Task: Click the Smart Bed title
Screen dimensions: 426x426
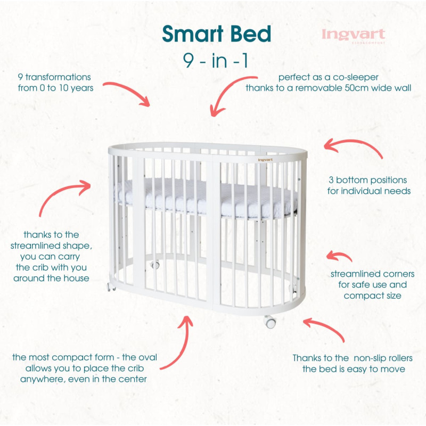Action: [217, 33]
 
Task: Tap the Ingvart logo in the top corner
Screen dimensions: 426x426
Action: [353, 35]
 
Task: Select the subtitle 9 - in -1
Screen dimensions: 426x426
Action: [216, 60]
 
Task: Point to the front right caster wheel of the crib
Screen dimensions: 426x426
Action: [271, 322]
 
